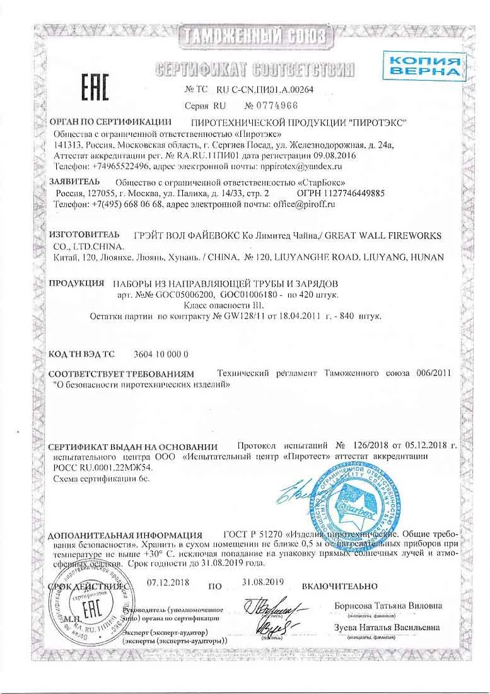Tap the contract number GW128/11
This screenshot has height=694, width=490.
[250, 317]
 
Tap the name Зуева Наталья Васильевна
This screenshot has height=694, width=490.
[387, 628]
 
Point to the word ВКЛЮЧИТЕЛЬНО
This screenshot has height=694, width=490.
[340, 586]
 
